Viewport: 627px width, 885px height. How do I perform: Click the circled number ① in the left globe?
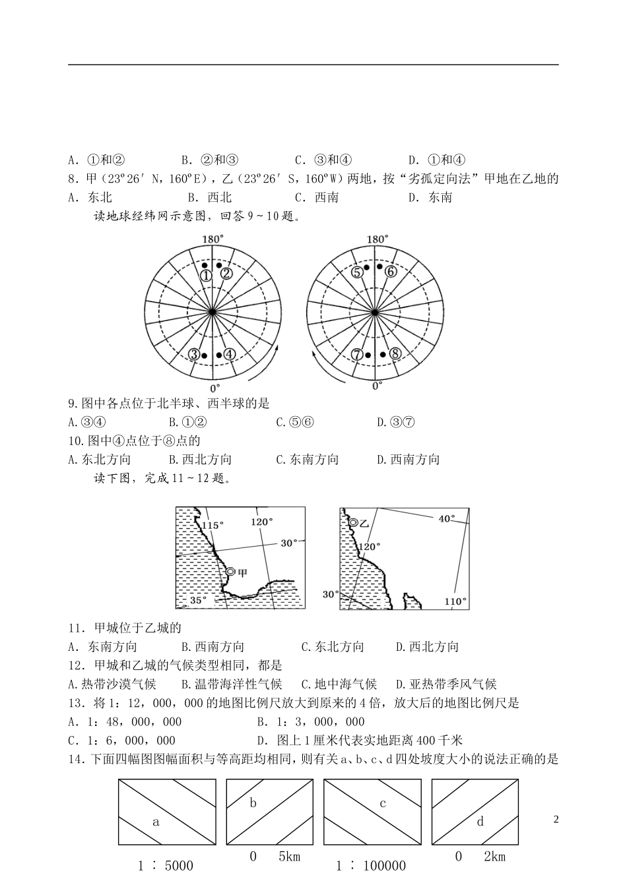pos(206,275)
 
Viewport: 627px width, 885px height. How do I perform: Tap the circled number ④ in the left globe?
pos(229,354)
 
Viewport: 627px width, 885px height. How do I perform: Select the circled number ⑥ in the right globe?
pos(390,272)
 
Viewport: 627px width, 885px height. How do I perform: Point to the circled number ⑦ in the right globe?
pos(357,354)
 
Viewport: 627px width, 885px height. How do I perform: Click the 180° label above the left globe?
pos(213,239)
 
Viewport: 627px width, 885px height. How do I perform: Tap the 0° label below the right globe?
pos(376,386)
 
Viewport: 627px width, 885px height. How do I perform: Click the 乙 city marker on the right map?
pos(354,522)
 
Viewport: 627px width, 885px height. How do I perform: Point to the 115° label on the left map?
pos(213,525)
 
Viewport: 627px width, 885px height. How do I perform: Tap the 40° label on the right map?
pos(447,519)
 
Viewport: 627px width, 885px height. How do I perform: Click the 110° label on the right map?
pos(455,601)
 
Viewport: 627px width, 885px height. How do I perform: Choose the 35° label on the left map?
pos(198,600)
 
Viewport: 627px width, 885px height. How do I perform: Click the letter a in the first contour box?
pos(156,822)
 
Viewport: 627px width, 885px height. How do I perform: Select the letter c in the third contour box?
pos(383,803)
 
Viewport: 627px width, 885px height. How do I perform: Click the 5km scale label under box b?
pos(289,857)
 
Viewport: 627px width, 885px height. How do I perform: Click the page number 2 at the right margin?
pos(556,820)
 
